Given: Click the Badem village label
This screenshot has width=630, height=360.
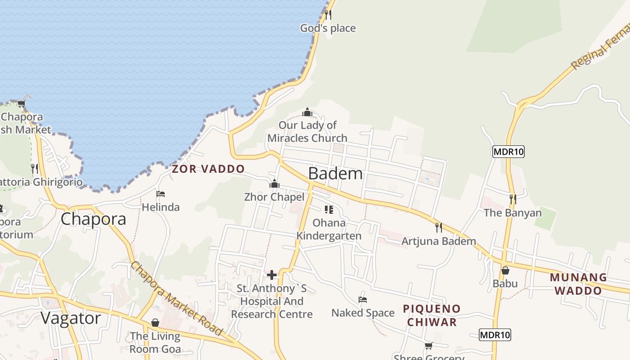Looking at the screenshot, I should [335, 173].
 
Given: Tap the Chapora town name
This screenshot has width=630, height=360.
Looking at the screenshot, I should [93, 219].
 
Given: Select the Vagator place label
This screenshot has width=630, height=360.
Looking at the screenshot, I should [71, 318].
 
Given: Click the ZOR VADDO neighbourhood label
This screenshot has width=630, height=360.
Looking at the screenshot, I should [208, 169].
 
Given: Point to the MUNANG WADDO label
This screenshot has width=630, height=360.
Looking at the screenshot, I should [578, 283].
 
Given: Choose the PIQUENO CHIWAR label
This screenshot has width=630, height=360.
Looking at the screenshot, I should [431, 315].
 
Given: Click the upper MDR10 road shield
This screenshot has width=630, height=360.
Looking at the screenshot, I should [508, 152].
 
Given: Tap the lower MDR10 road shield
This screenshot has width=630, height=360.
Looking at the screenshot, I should [495, 335].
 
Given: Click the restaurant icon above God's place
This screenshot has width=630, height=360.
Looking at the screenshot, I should [328, 15].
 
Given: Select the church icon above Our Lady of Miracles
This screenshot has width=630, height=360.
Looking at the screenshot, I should [307, 112].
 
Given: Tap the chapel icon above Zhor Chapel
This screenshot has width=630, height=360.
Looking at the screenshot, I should [274, 184].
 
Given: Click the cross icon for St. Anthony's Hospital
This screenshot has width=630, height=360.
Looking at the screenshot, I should [272, 274].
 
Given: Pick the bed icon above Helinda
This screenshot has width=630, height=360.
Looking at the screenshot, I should [161, 194].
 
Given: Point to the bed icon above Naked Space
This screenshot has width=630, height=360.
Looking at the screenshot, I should [363, 299].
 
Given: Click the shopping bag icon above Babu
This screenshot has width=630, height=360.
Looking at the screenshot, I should [505, 270].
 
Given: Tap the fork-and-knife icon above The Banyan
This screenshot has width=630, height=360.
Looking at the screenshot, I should [512, 199].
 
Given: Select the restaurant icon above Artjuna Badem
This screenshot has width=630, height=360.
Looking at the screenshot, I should [438, 228].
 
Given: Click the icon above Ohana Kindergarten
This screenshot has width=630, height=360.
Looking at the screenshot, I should [328, 210].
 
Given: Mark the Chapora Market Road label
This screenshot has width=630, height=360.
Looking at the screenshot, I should [176, 298].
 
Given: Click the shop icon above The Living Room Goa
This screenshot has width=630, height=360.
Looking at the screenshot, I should [155, 323].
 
